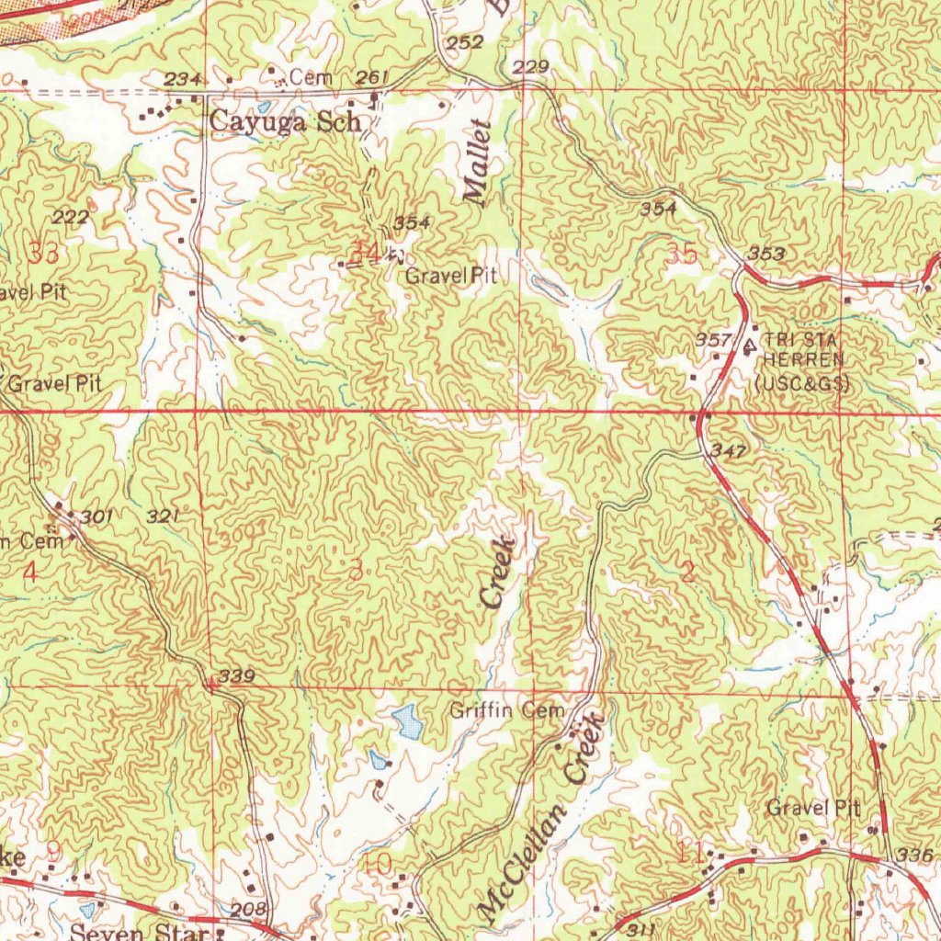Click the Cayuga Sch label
click(x=283, y=120)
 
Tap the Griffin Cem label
click(x=506, y=710)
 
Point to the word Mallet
click(x=478, y=163)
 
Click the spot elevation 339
click(x=236, y=676)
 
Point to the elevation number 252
click(x=464, y=43)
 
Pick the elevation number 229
click(x=531, y=67)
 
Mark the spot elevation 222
click(x=71, y=216)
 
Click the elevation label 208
click(x=248, y=909)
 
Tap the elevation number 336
click(x=915, y=855)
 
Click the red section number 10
click(x=379, y=863)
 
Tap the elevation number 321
click(x=163, y=516)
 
